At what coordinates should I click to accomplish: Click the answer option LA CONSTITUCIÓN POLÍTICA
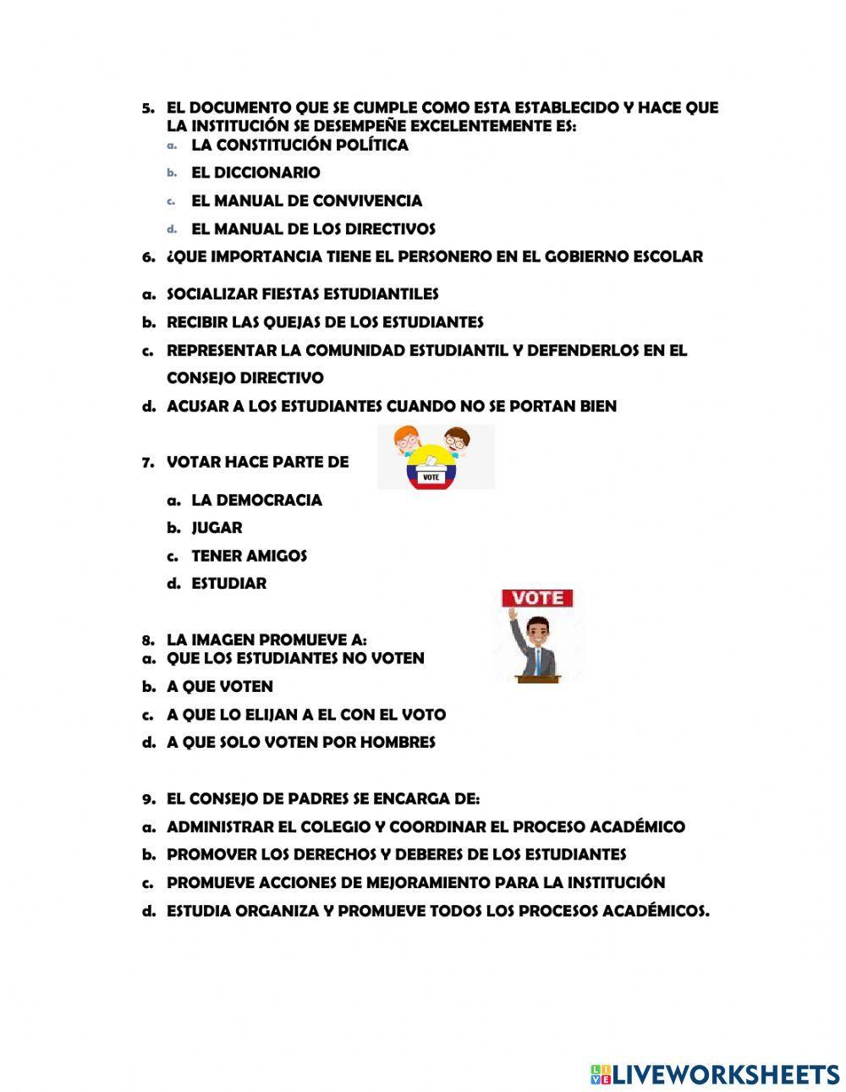(x=299, y=145)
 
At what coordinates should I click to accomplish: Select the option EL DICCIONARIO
(x=255, y=173)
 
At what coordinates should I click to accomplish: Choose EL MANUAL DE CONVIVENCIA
(x=306, y=200)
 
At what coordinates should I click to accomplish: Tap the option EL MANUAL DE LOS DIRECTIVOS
(x=313, y=228)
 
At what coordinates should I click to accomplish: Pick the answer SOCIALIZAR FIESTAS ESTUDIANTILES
(x=302, y=294)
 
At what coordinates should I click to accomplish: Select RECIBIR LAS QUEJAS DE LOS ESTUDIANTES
(x=324, y=322)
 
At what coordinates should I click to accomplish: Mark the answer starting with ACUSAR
(x=391, y=406)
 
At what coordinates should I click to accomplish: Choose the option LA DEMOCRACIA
(x=256, y=500)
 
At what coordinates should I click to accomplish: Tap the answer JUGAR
(x=217, y=528)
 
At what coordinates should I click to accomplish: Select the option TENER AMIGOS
(x=249, y=556)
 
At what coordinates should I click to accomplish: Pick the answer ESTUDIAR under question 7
(x=228, y=584)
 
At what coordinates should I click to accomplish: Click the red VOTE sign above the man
(x=538, y=598)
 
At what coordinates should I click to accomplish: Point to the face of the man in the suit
(x=536, y=632)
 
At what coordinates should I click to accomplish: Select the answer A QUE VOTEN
(x=219, y=686)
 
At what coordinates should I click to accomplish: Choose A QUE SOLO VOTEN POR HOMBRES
(x=300, y=743)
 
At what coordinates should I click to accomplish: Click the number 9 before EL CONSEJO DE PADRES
(x=147, y=798)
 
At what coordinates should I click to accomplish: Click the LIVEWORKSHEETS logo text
(x=724, y=1074)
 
